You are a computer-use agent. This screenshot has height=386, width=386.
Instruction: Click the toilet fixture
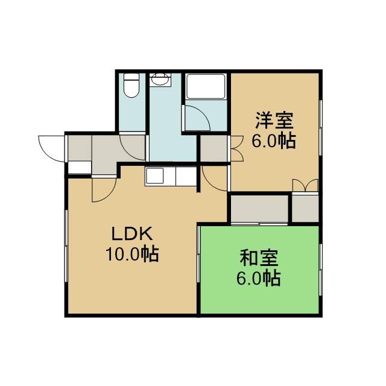click(x=131, y=85)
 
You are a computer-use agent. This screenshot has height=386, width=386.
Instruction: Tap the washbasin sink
click(x=160, y=79)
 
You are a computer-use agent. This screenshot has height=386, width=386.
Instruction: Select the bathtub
click(x=206, y=86)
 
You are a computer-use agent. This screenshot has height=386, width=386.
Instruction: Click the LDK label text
click(x=132, y=234)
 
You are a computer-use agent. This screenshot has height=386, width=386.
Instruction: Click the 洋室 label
click(x=274, y=121)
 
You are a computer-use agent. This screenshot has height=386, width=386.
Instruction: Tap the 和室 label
click(x=259, y=258)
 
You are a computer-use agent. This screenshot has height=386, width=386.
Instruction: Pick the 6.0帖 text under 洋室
click(x=273, y=141)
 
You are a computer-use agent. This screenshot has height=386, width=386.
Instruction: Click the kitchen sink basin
click(x=154, y=176)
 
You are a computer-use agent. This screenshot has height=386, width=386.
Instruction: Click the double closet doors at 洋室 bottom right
click(x=305, y=185)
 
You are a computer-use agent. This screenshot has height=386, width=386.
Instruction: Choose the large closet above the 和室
click(x=259, y=208)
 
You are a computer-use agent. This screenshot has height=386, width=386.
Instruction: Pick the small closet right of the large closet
click(x=305, y=208)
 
